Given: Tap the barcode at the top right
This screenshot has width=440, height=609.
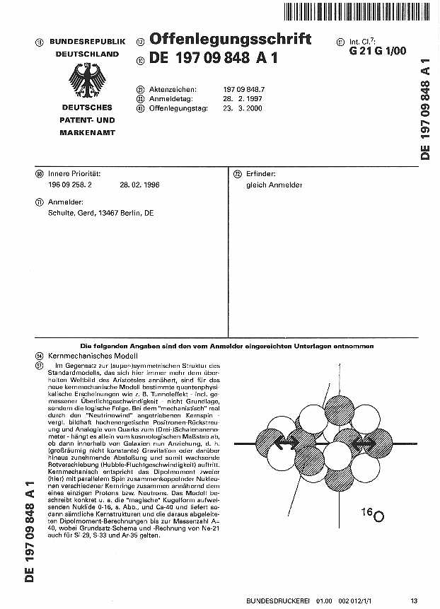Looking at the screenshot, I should (x=355, y=12).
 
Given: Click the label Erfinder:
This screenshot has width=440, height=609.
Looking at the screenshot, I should (x=260, y=173).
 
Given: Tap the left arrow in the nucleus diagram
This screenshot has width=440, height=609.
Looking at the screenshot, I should (x=285, y=444).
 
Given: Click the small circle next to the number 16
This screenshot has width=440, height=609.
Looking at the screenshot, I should (x=378, y=516).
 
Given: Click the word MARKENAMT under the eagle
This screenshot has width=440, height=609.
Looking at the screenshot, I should (x=87, y=132).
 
